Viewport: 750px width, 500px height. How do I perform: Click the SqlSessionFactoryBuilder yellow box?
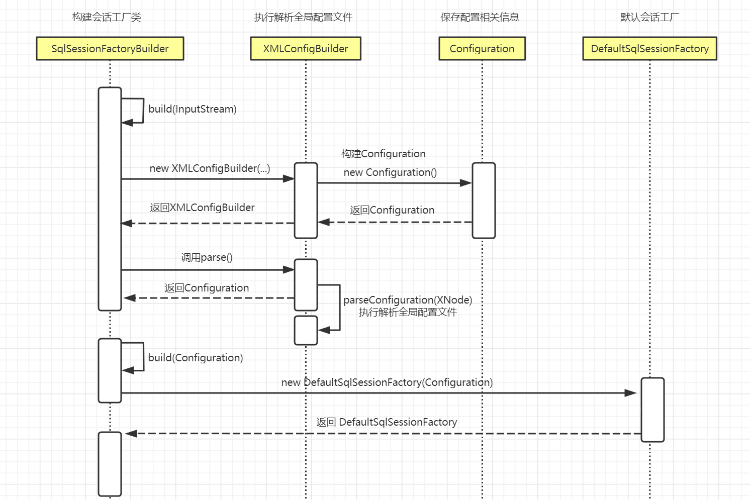(110, 49)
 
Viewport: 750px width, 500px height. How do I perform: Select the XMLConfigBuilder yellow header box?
(306, 49)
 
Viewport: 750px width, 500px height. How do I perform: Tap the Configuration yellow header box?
(482, 49)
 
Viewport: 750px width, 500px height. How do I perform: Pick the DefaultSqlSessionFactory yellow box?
(649, 49)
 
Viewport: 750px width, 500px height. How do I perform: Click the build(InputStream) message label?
(193, 109)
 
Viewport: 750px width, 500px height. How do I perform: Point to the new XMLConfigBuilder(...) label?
(210, 168)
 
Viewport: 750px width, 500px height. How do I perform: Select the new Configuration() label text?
(390, 172)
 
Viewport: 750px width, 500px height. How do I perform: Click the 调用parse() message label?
(207, 257)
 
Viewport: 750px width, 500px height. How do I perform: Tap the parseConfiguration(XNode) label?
(408, 300)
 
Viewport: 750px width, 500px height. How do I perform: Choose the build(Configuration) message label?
(196, 358)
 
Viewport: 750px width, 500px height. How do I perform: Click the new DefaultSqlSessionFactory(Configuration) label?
(387, 382)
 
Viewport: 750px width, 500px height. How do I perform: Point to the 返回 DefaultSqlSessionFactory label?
(387, 422)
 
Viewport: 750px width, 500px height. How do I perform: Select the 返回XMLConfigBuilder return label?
(202, 208)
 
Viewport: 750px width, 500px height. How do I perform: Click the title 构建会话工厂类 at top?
(107, 17)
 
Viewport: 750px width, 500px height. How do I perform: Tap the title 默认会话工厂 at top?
(649, 17)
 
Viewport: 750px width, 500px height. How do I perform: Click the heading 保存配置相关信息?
(480, 17)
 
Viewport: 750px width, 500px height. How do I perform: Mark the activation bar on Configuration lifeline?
(484, 200)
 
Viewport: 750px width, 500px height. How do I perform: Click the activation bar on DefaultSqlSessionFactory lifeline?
(652, 410)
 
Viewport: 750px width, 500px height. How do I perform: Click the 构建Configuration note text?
(383, 154)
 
